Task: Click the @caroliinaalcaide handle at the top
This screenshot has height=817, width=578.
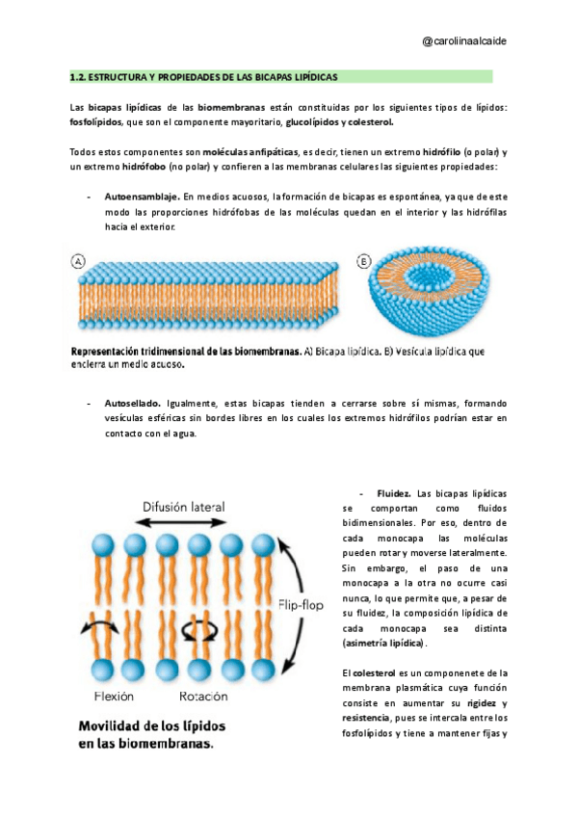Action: [x=465, y=41]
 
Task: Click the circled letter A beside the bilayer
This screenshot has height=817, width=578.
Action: [x=77, y=261]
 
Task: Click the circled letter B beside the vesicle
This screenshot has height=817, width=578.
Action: [x=364, y=261]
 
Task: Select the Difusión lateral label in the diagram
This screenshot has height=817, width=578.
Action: [x=183, y=506]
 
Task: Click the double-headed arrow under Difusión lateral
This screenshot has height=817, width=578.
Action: [x=183, y=522]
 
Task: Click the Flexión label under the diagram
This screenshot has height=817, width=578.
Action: [x=115, y=696]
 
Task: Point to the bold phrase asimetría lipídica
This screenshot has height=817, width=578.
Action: [x=383, y=642]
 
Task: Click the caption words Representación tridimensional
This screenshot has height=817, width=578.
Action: [x=135, y=352]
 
